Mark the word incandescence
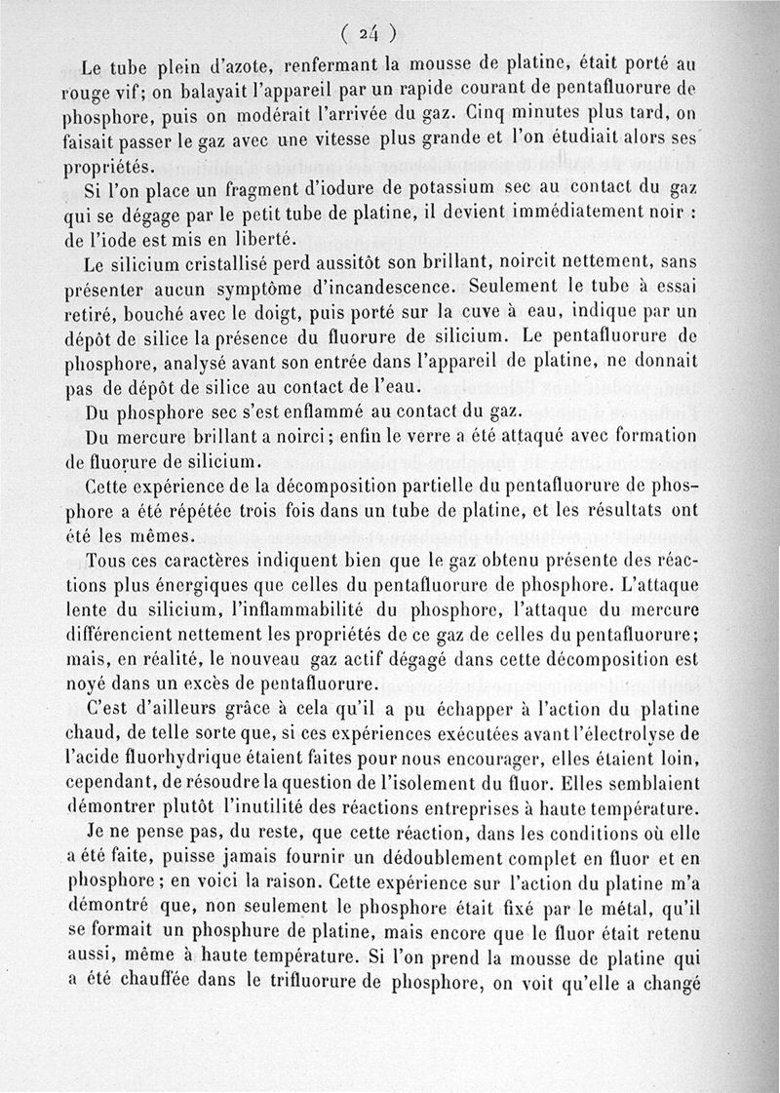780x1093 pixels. click(379, 289)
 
